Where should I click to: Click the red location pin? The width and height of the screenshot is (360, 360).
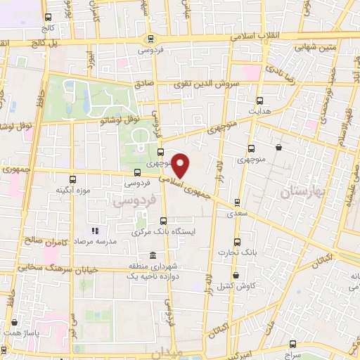tap(181, 165)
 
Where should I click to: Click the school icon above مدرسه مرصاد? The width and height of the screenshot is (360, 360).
tap(96, 230)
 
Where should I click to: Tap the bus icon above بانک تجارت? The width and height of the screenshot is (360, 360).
tap(236, 240)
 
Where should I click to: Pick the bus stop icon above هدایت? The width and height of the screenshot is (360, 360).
tap(260, 101)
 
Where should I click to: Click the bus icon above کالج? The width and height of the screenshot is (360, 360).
tap(47, 18)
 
